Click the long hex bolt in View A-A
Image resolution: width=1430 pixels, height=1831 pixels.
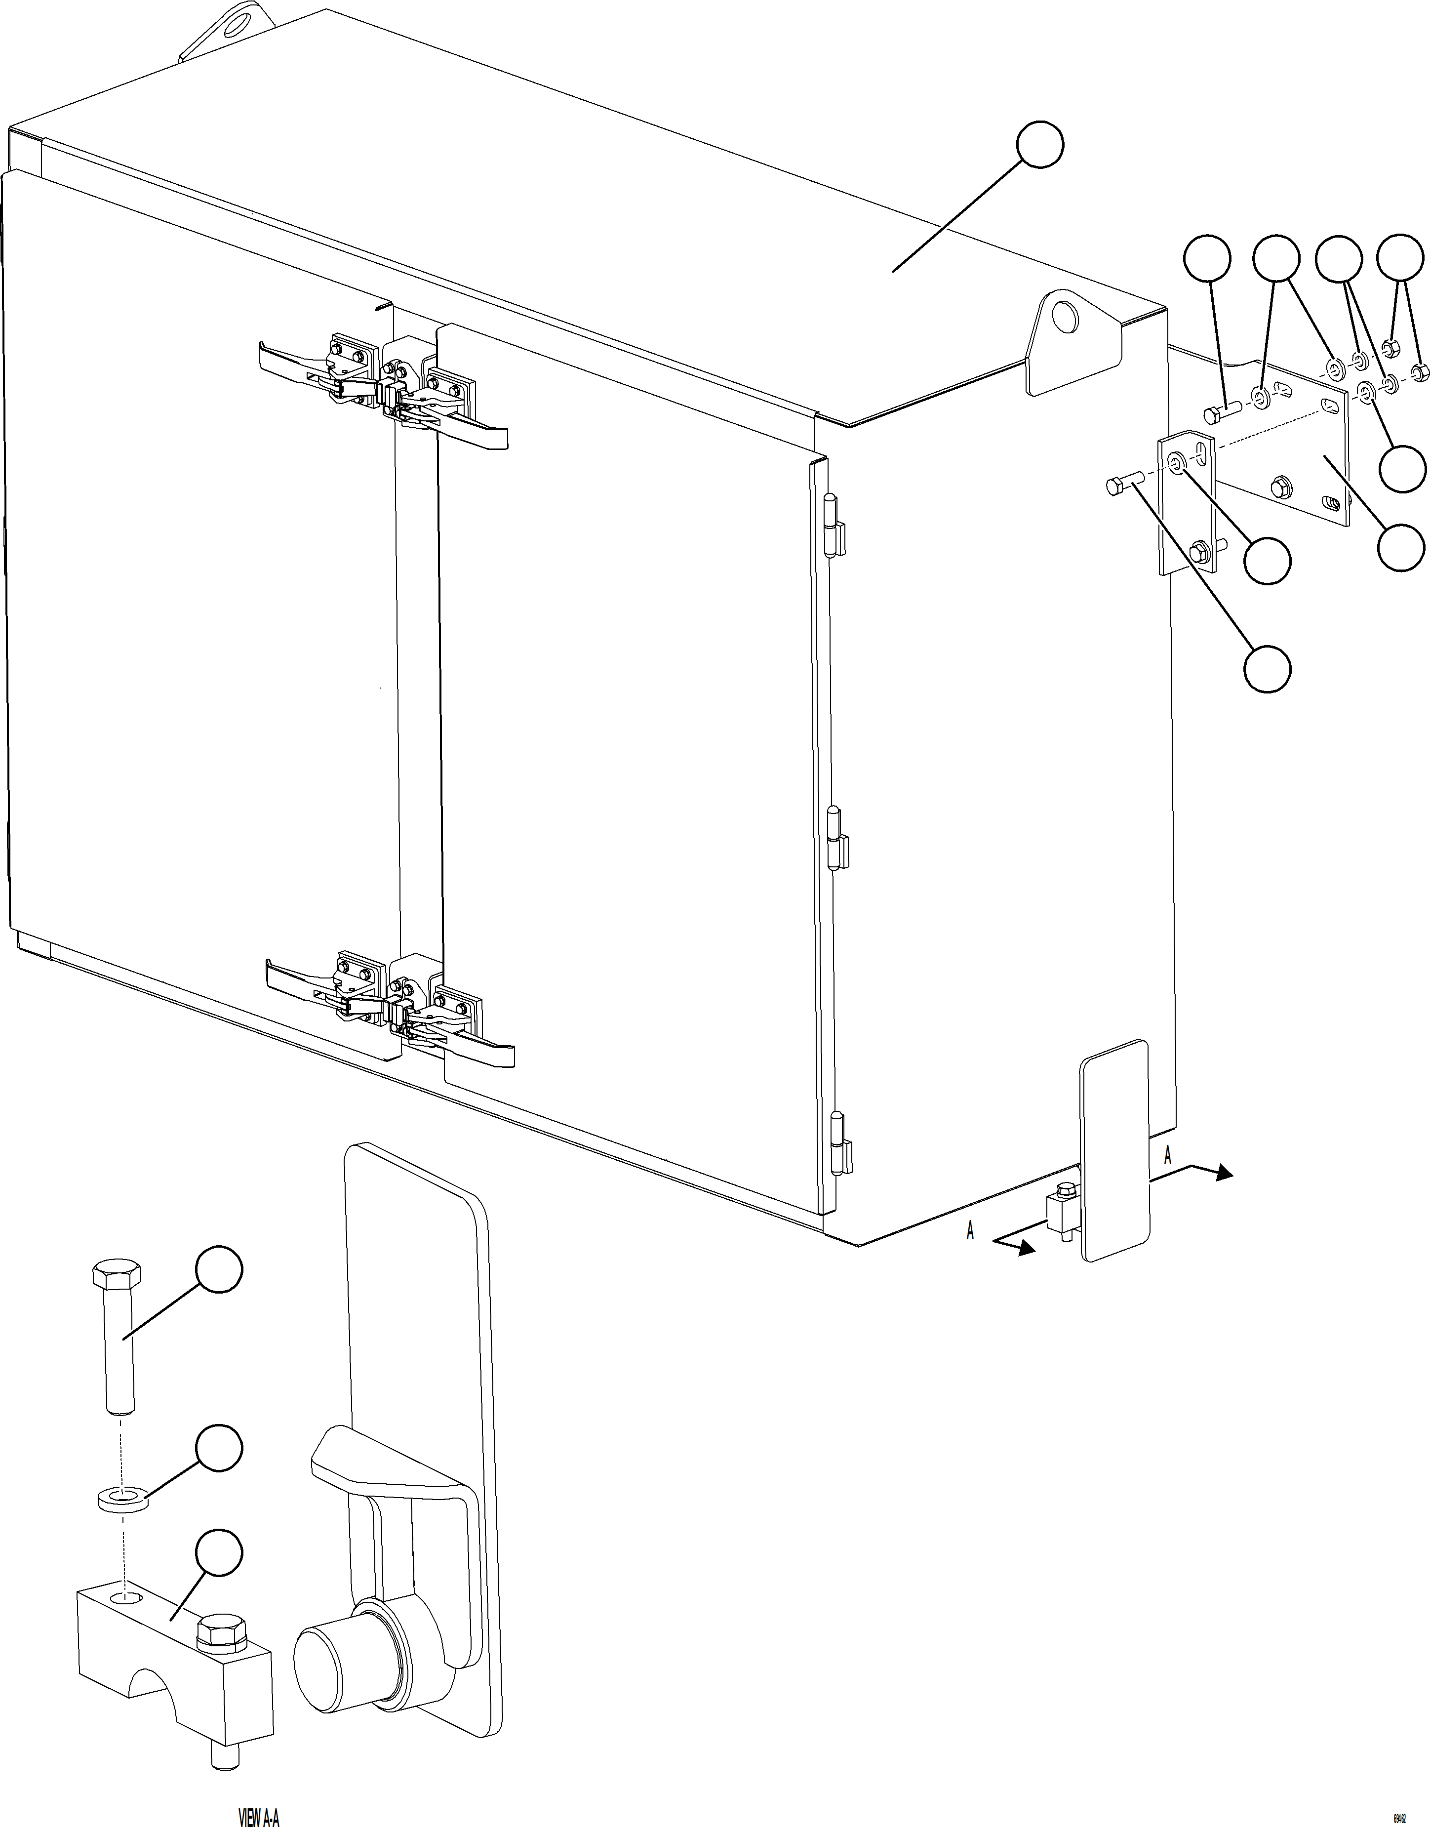(116, 1333)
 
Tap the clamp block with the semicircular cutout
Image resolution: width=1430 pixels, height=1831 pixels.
(176, 1643)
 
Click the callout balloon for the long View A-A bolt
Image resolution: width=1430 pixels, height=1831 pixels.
(219, 1270)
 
